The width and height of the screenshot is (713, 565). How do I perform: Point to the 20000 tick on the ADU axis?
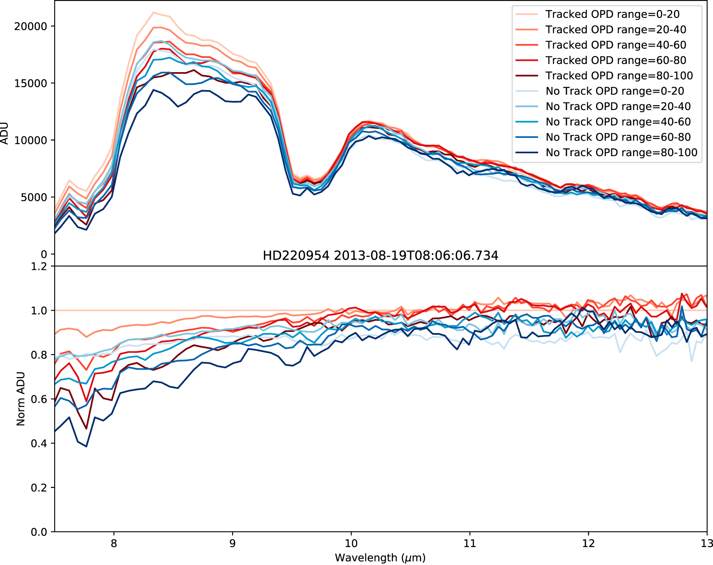(31, 26)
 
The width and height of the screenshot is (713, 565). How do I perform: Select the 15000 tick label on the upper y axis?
(31, 84)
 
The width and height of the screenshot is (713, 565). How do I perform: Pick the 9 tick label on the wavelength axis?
(232, 543)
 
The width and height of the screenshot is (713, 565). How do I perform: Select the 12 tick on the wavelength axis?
(588, 543)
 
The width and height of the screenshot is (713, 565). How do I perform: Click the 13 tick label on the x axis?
(707, 543)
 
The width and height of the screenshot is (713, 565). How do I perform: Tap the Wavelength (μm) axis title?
(380, 558)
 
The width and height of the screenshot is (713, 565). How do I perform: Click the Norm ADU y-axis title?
(21, 399)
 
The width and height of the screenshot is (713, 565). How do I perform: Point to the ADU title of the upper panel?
(5, 133)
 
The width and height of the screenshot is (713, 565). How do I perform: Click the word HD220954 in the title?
(296, 256)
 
